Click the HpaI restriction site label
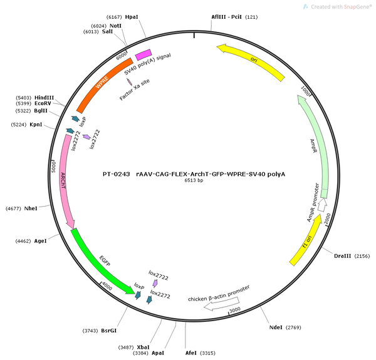(132, 17)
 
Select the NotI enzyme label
(115, 26)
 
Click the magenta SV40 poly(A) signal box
(144, 55)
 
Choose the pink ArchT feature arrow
(66, 180)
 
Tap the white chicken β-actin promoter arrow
(221, 304)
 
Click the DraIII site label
(342, 256)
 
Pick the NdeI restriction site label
(276, 327)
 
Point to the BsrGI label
(108, 331)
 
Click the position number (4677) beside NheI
(13, 208)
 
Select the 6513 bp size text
(194, 180)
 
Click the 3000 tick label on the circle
(235, 310)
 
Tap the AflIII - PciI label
(227, 17)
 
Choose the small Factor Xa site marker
(130, 82)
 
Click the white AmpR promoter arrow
(322, 205)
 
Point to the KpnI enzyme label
(36, 125)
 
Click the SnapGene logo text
(358, 7)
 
